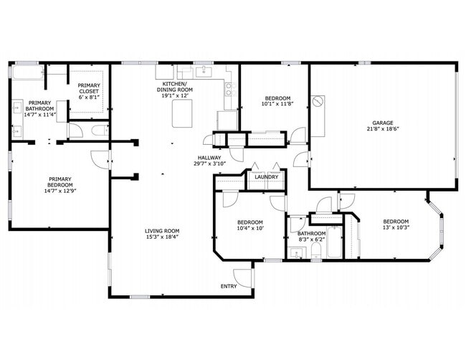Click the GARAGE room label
(381, 123)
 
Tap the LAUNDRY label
(266, 177)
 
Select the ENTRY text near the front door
(229, 286)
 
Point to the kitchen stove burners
(230, 89)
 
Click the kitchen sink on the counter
(202, 71)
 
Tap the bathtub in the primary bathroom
(26, 72)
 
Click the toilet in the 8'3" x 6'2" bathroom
(315, 250)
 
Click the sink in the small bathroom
(295, 252)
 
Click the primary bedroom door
(100, 160)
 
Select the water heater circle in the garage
(318, 103)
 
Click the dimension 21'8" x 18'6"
(381, 130)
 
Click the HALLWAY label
(209, 157)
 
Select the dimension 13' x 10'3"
(395, 228)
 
